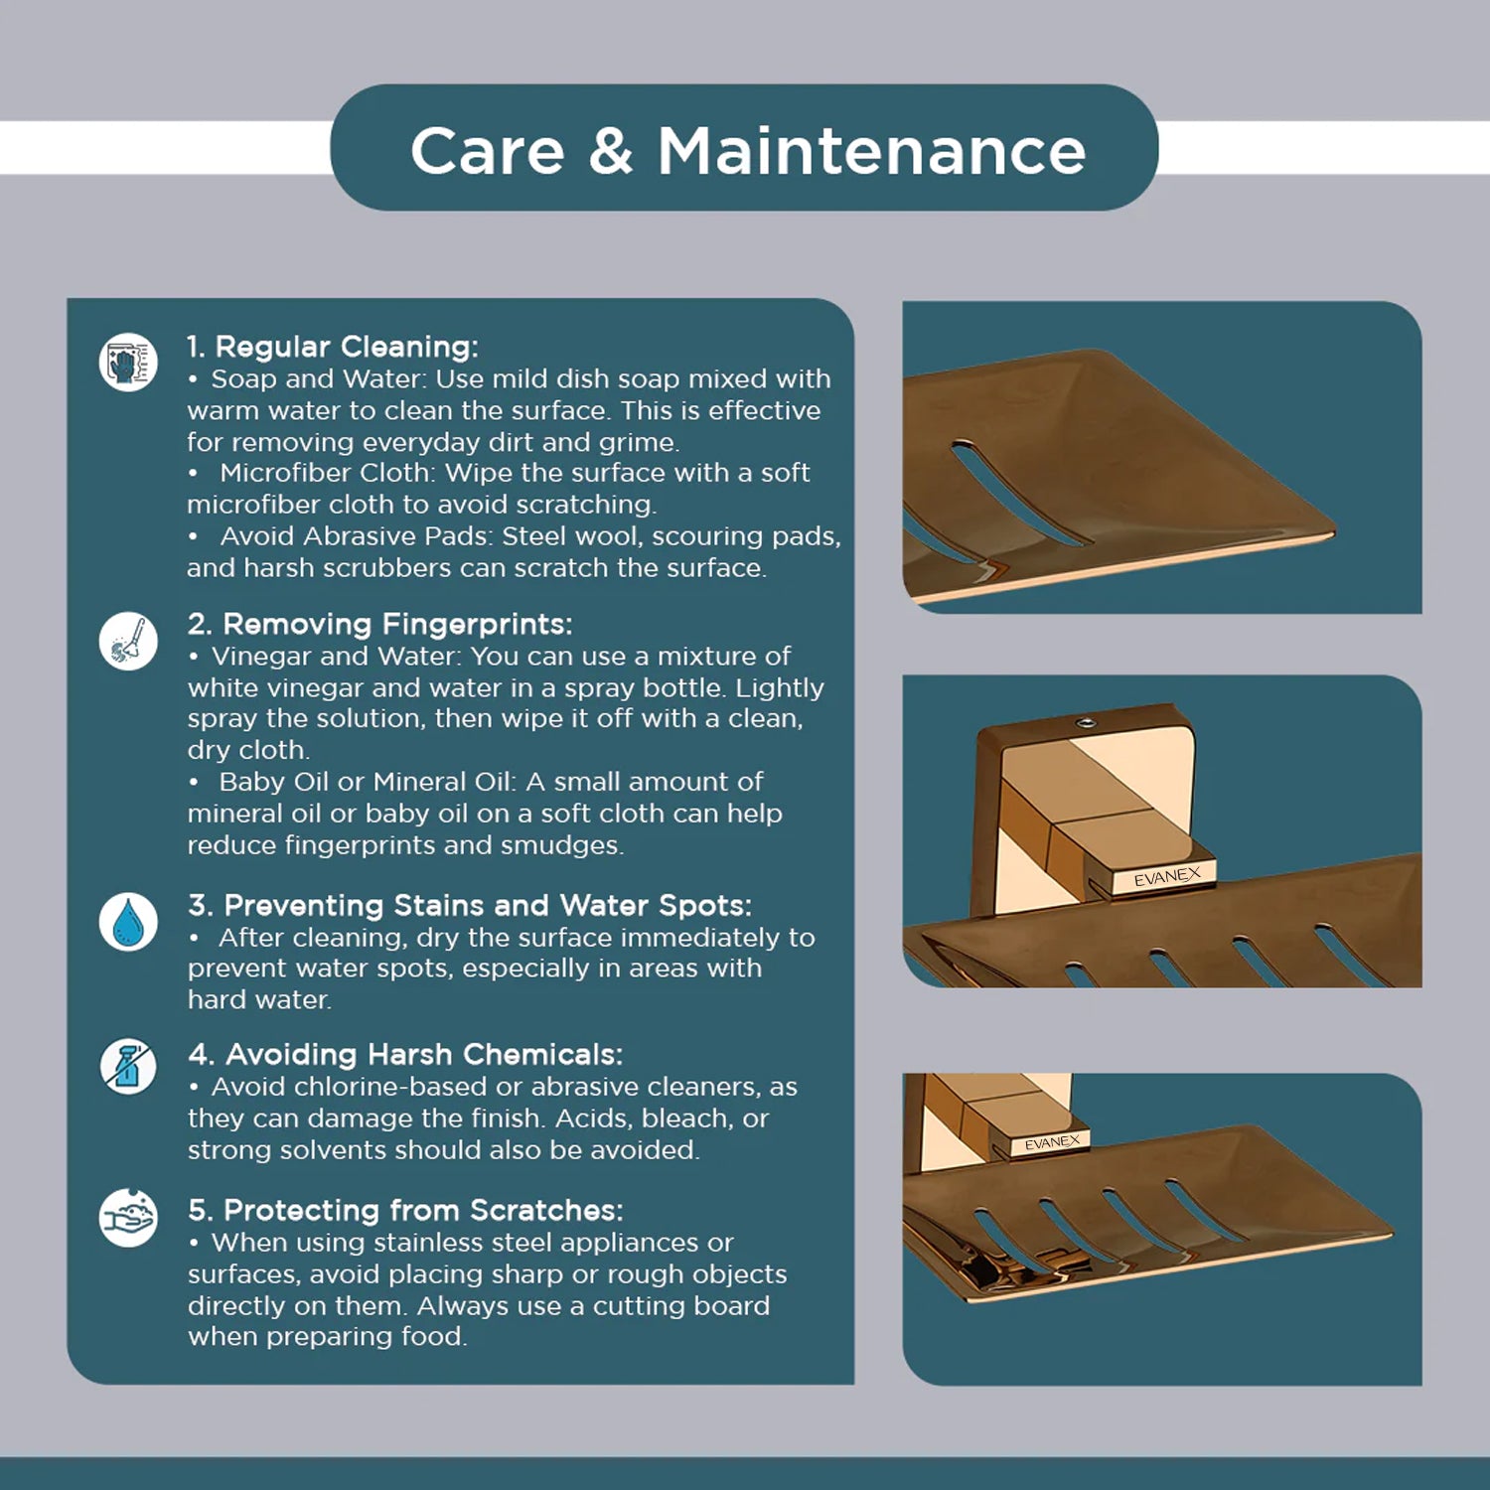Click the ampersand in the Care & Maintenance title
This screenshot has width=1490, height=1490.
click(x=611, y=152)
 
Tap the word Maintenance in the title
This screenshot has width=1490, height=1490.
click(x=871, y=152)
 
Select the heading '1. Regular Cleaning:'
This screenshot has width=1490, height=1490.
click(x=333, y=347)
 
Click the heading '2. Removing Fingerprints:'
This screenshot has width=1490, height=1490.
click(x=379, y=624)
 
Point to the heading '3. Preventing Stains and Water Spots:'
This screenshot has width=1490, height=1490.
click(x=470, y=906)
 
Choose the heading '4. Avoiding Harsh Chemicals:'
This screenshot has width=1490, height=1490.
click(x=405, y=1055)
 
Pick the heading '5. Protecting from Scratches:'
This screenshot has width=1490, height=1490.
click(x=405, y=1211)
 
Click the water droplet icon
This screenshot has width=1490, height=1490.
click(x=128, y=922)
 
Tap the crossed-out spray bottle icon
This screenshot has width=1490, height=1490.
click(x=128, y=1067)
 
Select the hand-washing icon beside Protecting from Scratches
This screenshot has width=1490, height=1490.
click(x=128, y=1217)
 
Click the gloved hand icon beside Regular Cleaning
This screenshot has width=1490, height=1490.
click(x=128, y=362)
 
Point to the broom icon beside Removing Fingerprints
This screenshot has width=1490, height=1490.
click(x=128, y=641)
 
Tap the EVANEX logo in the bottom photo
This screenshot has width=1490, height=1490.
click(x=1052, y=1142)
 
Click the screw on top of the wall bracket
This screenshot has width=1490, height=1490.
click(x=1088, y=721)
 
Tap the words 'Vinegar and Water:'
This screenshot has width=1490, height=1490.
click(x=337, y=657)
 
